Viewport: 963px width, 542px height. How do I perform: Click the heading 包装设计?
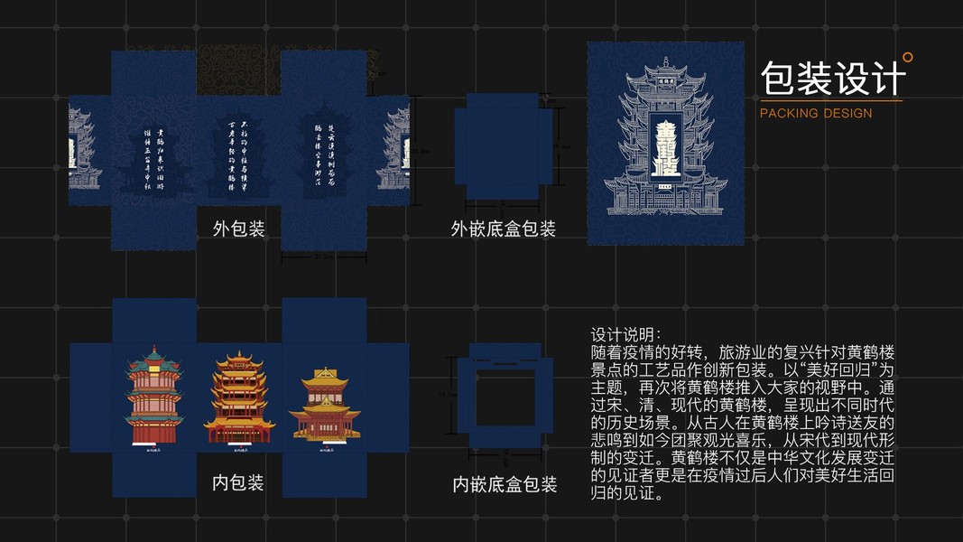832,78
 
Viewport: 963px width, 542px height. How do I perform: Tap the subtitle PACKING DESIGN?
816,114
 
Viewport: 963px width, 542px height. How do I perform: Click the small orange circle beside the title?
907,57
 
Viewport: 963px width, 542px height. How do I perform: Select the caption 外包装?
239,229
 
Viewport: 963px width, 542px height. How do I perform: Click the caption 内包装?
238,482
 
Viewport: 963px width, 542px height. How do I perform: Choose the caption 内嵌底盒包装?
505,485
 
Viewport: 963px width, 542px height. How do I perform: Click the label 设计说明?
625,332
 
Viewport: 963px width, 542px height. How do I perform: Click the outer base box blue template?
504,145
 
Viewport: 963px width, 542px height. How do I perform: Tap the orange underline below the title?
830,100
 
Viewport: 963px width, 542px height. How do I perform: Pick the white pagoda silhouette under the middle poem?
239,176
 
